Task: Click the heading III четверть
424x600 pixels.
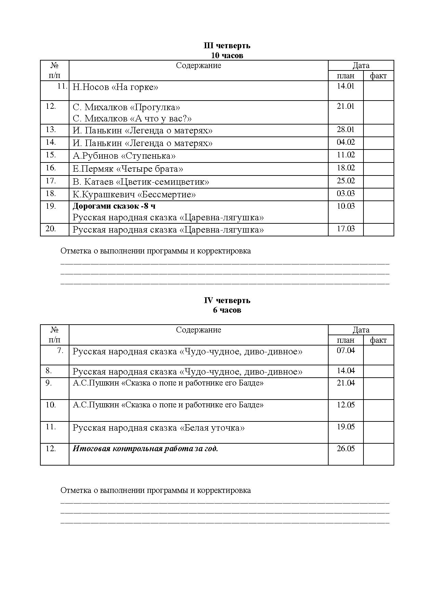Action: pos(227,45)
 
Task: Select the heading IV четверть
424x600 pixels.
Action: pos(227,300)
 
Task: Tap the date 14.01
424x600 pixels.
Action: pos(345,86)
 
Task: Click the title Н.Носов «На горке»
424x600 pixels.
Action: pos(115,87)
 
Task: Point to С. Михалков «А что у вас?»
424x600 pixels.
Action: pos(132,118)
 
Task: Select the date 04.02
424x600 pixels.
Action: pos(345,142)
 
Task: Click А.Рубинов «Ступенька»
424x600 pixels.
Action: pos(124,156)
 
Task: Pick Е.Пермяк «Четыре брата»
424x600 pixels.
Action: pos(128,169)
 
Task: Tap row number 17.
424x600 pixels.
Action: pos(51,181)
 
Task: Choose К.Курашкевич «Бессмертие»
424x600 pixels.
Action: pos(134,195)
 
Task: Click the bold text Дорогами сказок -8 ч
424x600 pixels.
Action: pos(114,206)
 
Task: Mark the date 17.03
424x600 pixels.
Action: pos(345,229)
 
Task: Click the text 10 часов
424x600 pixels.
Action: pos(227,55)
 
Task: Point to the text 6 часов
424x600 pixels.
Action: pos(227,310)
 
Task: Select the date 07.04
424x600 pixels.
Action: pos(345,350)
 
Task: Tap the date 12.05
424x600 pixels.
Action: pos(345,405)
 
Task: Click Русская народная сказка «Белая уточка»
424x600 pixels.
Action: pos(159,428)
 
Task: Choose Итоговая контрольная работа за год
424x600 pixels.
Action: pos(145,448)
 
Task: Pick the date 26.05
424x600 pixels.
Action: pos(345,448)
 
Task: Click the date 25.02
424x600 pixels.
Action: pos(345,181)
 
